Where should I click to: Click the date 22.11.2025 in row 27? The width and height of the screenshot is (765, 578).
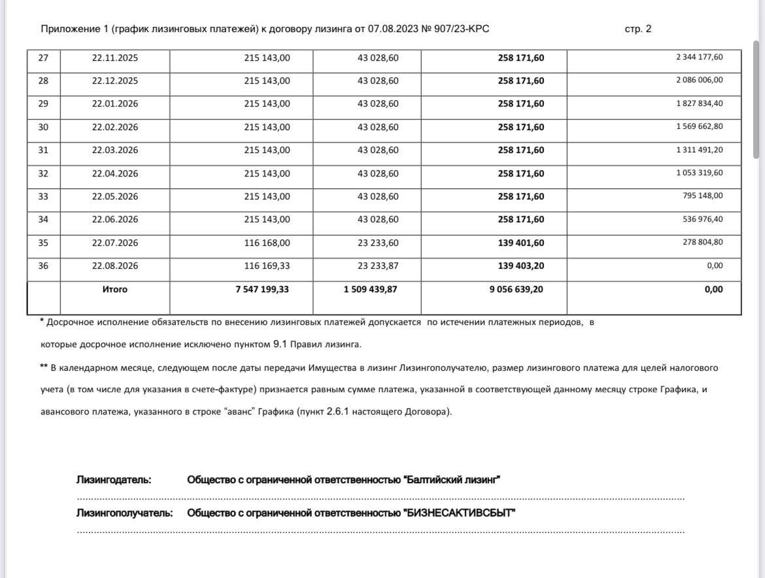click(115, 58)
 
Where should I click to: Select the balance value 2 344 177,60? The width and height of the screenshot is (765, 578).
click(699, 58)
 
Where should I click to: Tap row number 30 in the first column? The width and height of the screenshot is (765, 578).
click(43, 127)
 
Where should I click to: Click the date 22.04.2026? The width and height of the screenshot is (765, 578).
click(115, 173)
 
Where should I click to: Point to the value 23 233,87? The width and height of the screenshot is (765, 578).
click(378, 266)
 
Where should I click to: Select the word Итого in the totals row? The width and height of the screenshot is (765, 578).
click(115, 289)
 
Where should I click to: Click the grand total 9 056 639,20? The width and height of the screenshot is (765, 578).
click(516, 289)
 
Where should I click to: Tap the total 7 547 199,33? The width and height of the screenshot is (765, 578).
click(262, 289)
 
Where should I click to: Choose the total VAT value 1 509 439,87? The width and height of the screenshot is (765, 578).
click(370, 289)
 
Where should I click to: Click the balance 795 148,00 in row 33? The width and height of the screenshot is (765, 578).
click(703, 196)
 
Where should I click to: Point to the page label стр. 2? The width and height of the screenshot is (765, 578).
click(637, 29)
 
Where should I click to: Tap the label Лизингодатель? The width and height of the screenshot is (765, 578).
click(114, 480)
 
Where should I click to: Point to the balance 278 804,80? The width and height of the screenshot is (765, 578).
click(703, 243)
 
